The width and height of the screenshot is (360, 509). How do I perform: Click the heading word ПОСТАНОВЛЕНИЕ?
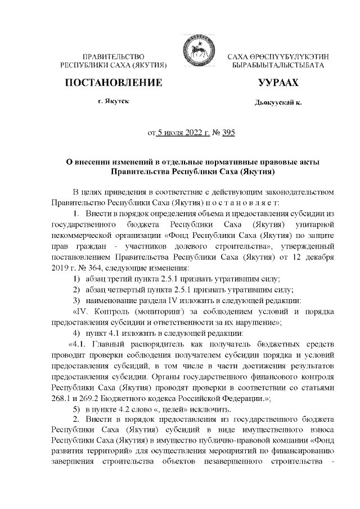coord(114,83)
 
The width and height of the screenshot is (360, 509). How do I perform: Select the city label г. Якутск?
coord(113,103)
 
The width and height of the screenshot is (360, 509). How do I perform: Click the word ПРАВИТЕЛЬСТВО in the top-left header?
coord(114,58)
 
